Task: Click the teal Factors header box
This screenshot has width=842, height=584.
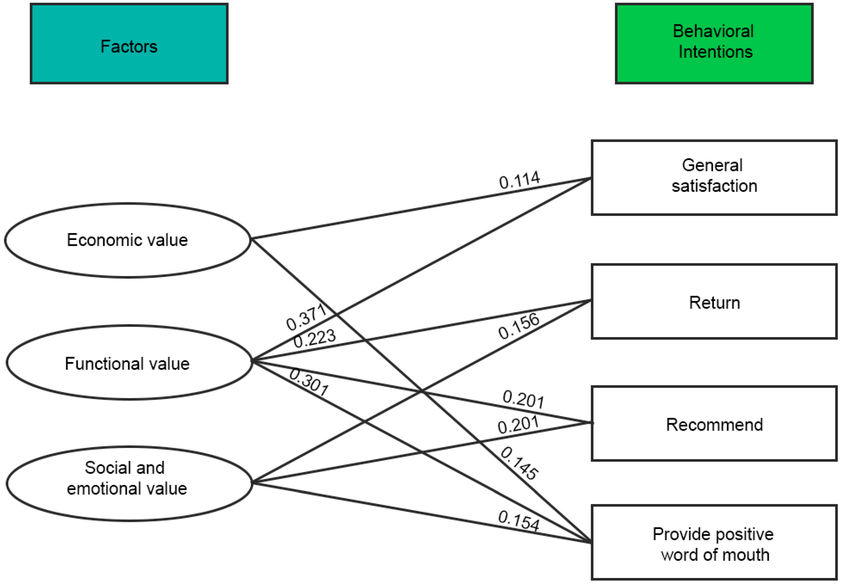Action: tap(129, 44)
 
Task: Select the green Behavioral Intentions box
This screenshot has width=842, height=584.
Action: tap(714, 44)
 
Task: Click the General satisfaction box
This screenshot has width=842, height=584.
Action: tap(714, 178)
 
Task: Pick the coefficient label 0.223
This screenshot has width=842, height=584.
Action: tap(314, 338)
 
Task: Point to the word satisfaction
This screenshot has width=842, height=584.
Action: tap(714, 186)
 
